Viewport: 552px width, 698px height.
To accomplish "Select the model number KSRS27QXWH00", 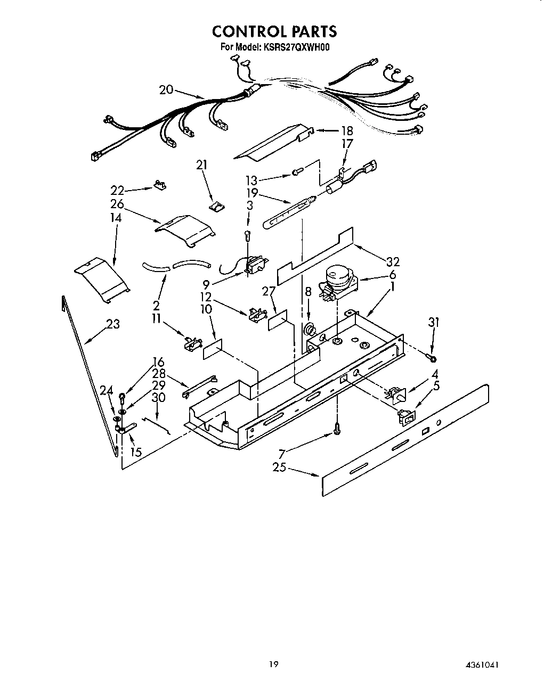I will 296,47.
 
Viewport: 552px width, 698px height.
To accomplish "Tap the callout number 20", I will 166,89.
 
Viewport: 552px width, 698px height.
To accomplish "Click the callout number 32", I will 393,261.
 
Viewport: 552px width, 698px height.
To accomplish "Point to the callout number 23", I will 112,324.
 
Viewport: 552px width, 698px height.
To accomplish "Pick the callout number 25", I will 279,467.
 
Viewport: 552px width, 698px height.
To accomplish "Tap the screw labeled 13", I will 297,171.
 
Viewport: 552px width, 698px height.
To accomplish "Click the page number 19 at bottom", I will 273,664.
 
